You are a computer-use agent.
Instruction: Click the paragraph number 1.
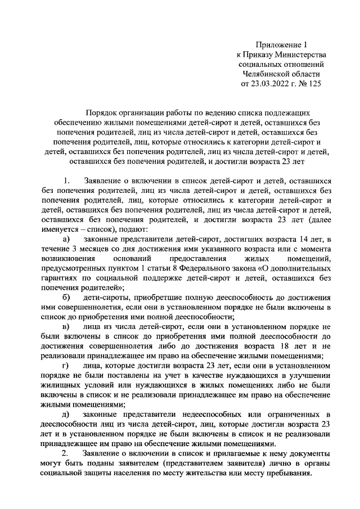(66, 181)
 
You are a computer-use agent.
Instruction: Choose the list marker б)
(66, 297)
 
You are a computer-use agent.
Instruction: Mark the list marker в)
(66, 327)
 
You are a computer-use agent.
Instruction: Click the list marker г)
(66, 366)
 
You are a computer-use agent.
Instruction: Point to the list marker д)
(66, 415)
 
